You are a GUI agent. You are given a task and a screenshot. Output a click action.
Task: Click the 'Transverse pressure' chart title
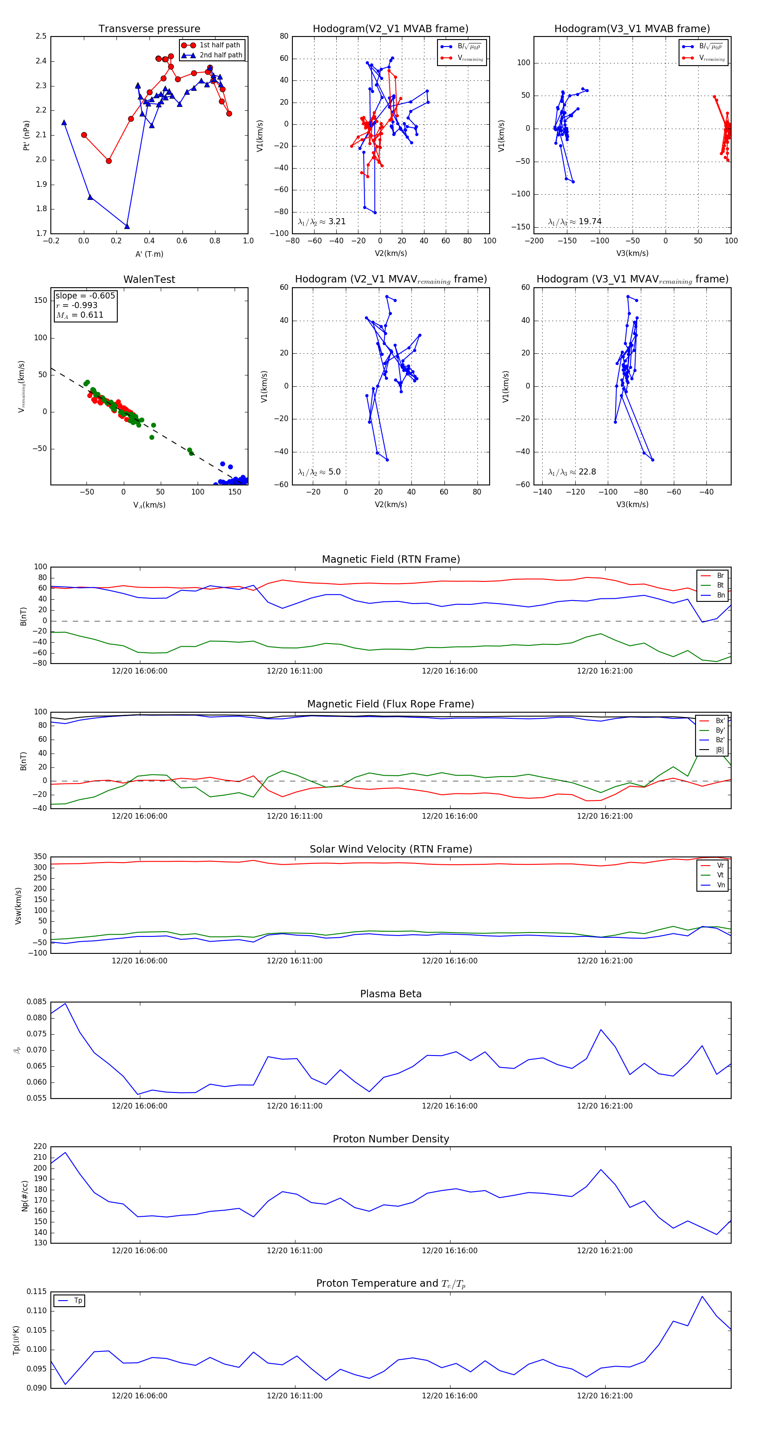[x=149, y=29]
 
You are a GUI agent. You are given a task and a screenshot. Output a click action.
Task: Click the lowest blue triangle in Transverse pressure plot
[x=127, y=226]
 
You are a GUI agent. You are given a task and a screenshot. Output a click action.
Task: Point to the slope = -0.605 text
[x=85, y=295]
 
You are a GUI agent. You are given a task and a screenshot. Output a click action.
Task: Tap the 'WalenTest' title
[x=149, y=279]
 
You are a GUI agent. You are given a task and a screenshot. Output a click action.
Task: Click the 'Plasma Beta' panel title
[x=391, y=994]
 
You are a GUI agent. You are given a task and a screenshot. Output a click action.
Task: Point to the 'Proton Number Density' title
[x=391, y=1139]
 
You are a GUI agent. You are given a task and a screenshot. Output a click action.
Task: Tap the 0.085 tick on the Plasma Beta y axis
[x=37, y=1002]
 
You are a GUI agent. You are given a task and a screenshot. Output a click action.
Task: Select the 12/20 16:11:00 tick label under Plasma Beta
[x=295, y=1105]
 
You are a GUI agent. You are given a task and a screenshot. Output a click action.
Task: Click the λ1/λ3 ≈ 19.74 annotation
[x=574, y=222]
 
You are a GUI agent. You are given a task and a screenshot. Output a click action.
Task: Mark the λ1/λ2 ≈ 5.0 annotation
[x=319, y=472]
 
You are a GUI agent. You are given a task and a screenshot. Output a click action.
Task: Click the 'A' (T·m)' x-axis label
[x=149, y=254]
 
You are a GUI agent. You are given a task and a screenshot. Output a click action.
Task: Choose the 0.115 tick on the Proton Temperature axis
[x=37, y=1291]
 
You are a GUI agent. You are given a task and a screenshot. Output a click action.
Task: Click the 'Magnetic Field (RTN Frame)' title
[x=391, y=559]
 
